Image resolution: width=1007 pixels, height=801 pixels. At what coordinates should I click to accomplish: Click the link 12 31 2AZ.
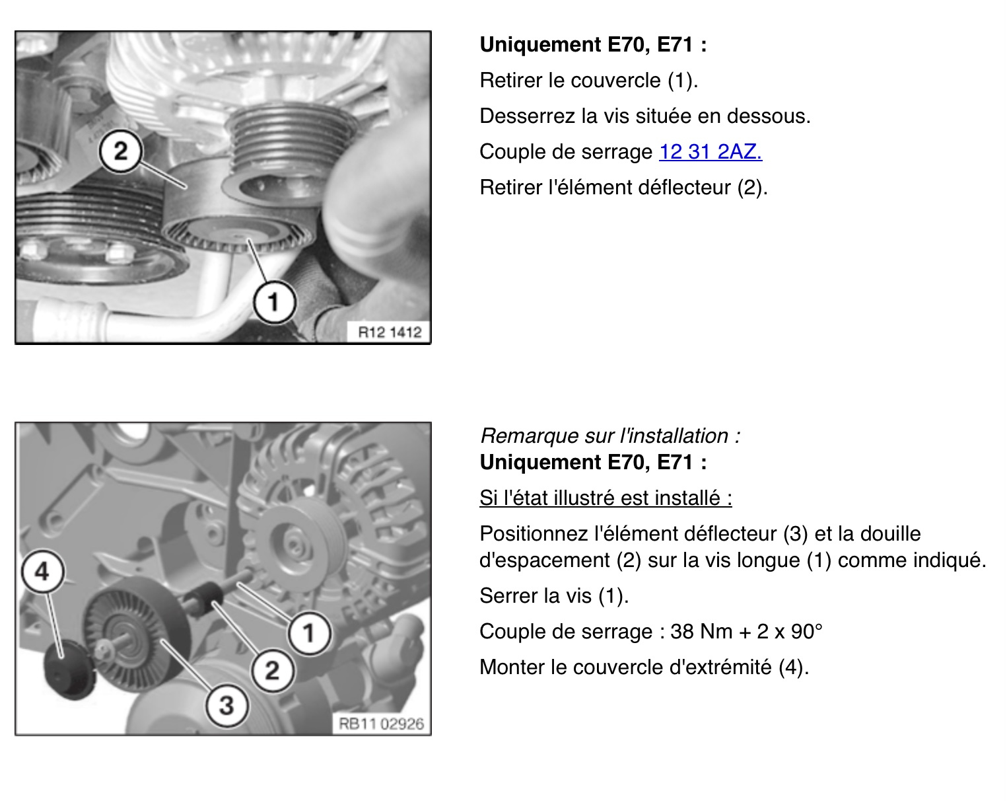point(711,152)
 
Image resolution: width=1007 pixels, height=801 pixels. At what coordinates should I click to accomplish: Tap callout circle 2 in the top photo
point(120,151)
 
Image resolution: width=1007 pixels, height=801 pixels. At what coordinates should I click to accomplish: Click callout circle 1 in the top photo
point(274,302)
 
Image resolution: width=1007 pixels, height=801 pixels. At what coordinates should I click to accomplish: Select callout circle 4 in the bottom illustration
point(42,572)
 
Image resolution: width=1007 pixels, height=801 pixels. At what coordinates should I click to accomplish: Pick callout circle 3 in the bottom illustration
point(226,705)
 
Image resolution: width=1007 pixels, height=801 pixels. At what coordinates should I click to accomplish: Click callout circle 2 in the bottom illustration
point(273,670)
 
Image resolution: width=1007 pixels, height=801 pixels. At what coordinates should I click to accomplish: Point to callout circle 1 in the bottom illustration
point(309,633)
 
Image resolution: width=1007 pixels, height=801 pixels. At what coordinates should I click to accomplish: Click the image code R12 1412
point(390,332)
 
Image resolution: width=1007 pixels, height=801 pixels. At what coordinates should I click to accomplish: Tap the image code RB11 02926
point(381,724)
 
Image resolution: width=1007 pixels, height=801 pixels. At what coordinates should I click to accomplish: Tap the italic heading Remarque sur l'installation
point(610,436)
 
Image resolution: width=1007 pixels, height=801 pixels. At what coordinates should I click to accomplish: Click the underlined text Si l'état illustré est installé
point(606,498)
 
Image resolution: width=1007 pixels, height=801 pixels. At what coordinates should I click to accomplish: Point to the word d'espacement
point(545,560)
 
